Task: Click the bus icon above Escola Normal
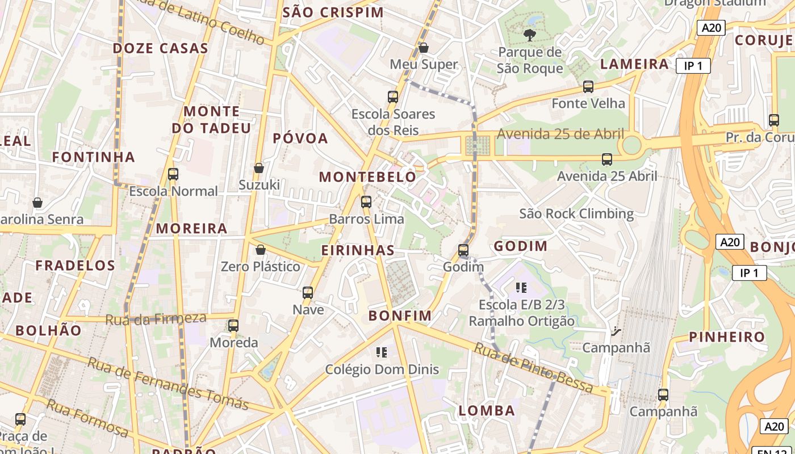173,174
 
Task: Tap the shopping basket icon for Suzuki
259,168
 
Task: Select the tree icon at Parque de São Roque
530,35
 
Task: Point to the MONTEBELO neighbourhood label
367,177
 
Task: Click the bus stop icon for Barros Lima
366,201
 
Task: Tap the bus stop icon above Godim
463,250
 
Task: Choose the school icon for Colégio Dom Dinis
382,352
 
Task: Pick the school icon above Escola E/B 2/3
521,288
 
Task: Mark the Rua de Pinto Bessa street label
533,368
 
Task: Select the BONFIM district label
400,316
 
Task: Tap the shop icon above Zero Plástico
261,250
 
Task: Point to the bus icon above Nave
308,293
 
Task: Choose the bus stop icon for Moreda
233,326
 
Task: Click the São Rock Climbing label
576,213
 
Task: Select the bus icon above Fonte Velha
588,87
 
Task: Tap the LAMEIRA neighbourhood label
634,64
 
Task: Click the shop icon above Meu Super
424,48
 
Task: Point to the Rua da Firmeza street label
156,318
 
